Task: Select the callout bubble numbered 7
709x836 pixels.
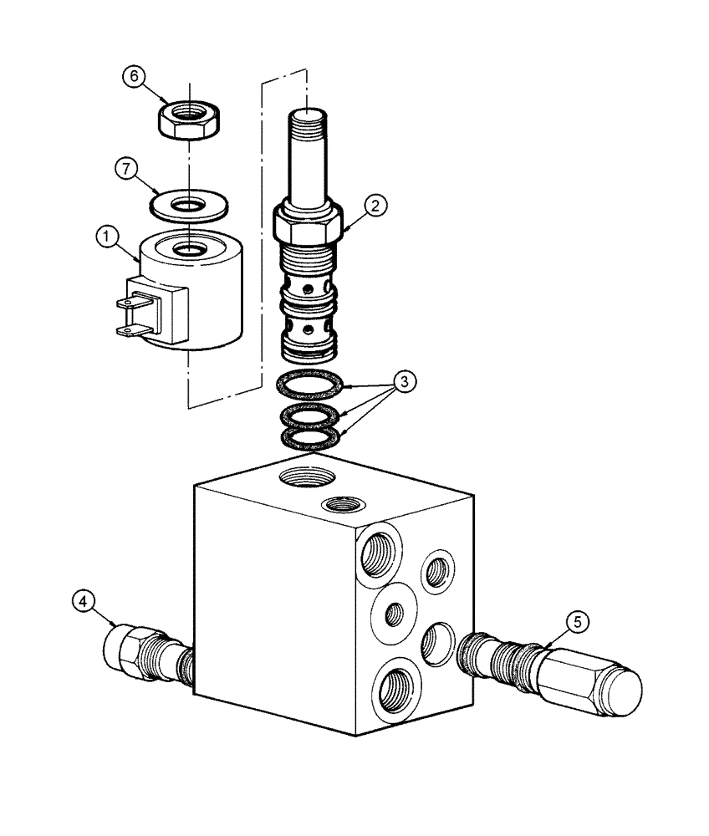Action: (x=125, y=169)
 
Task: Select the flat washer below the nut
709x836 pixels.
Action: (x=190, y=204)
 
